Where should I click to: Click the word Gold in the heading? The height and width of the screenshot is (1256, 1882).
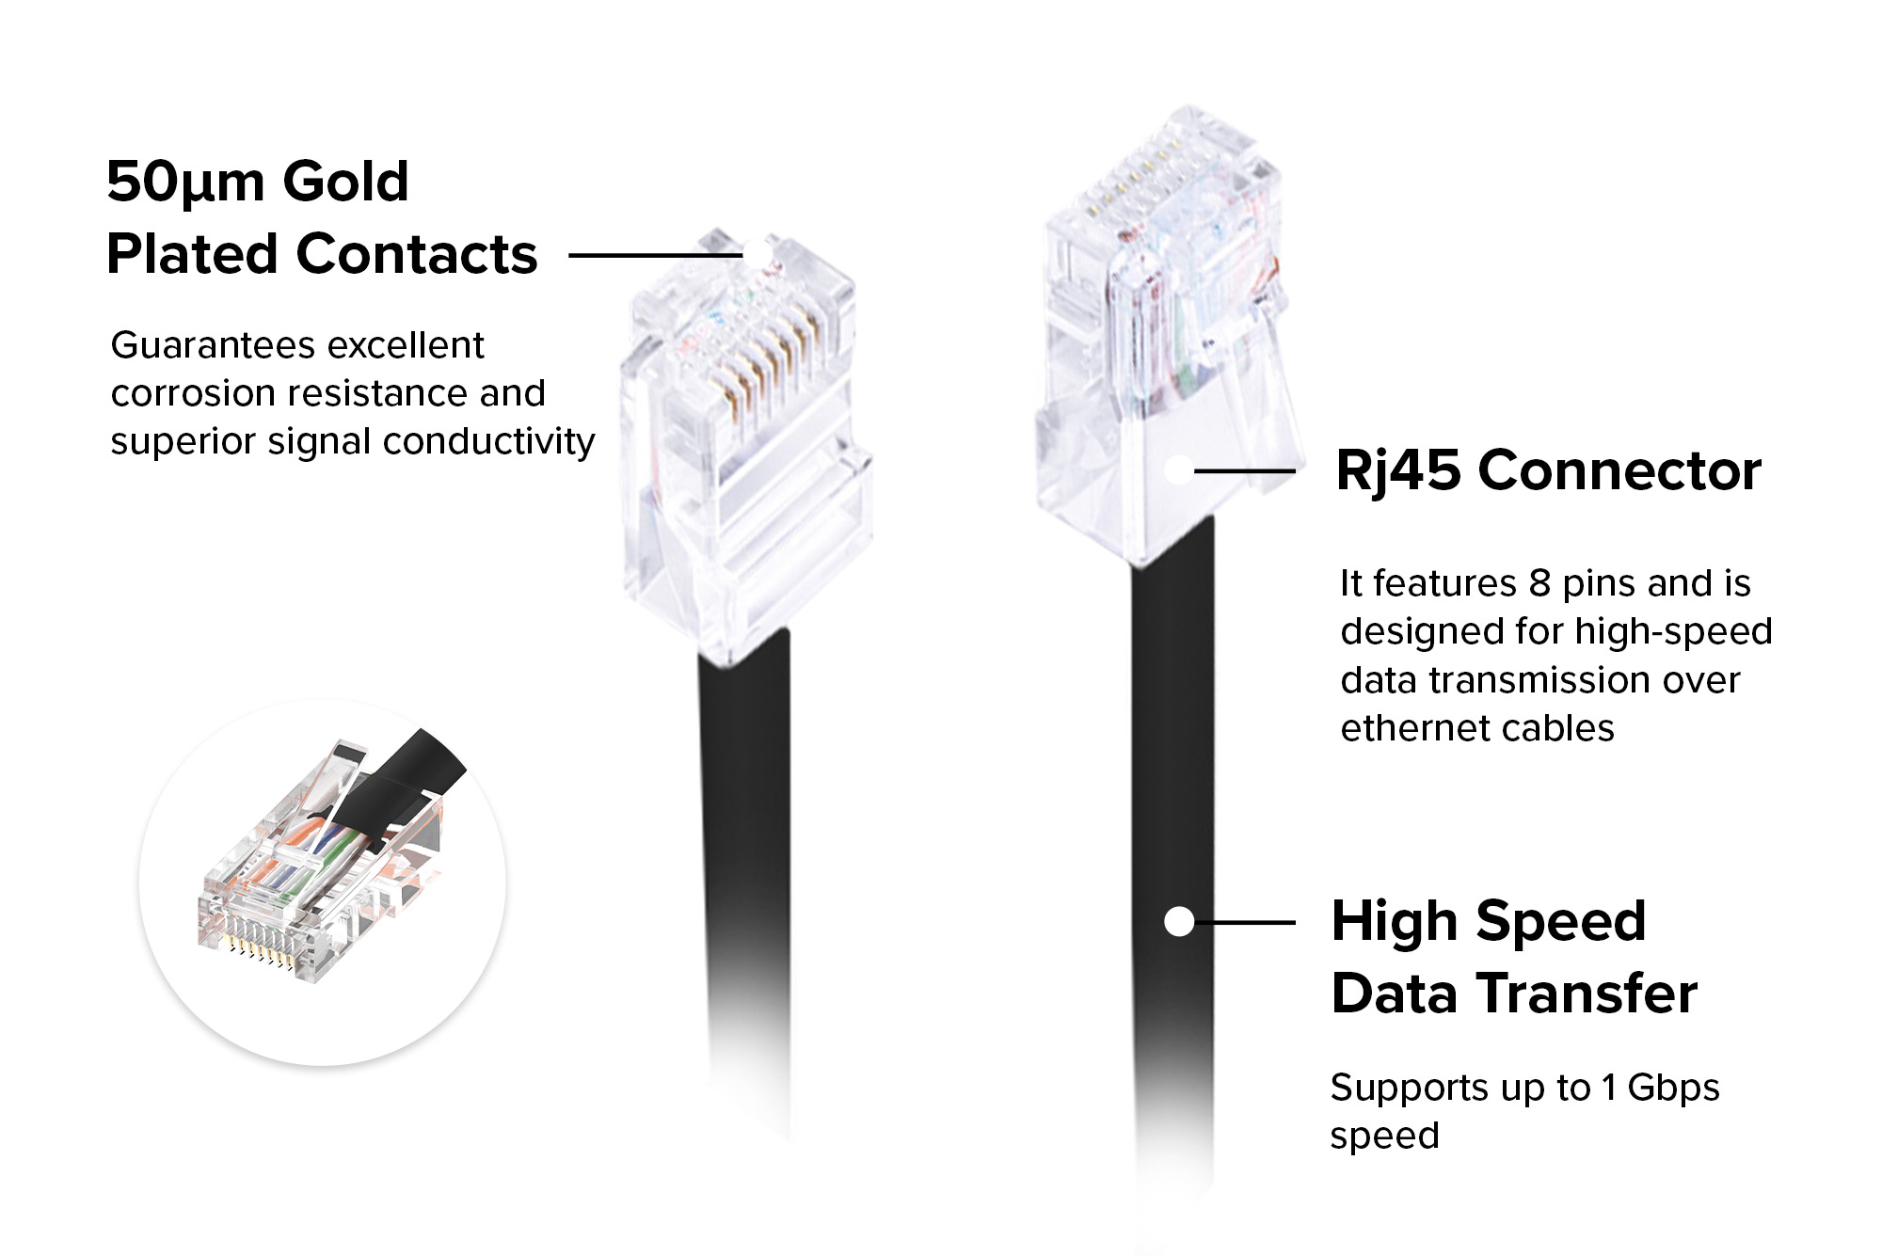pyautogui.click(x=345, y=182)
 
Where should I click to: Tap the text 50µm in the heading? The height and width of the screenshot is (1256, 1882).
pyautogui.click(x=185, y=182)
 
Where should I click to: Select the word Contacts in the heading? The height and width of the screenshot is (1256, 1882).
pyautogui.click(x=416, y=254)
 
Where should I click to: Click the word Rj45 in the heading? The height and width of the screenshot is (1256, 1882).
pyautogui.click(x=1398, y=470)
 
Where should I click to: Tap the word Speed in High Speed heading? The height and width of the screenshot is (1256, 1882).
pyautogui.click(x=1561, y=921)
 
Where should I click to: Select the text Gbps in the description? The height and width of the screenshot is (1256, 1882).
pyautogui.click(x=1673, y=1088)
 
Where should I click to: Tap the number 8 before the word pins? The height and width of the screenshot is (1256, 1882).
pyautogui.click(x=1539, y=583)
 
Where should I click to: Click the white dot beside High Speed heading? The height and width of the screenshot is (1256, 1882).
pyautogui.click(x=1179, y=922)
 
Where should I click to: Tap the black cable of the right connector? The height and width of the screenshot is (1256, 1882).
pyautogui.click(x=1172, y=753)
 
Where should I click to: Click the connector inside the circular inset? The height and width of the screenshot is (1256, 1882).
pyautogui.click(x=282, y=903)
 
